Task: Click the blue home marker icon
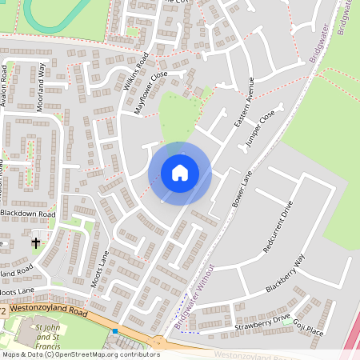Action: (180, 173)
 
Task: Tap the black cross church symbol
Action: (36, 241)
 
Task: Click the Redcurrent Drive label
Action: (278, 227)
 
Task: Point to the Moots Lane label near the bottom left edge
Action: (18, 290)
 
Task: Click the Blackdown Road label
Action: (29, 214)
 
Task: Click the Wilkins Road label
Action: (136, 70)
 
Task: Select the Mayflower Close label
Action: (151, 92)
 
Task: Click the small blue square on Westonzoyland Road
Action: (115, 330)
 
